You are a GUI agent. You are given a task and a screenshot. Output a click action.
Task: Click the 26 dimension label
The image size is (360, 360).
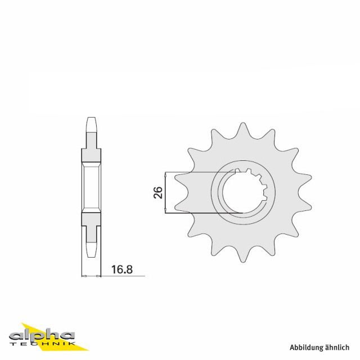pyautogui.click(x=158, y=193)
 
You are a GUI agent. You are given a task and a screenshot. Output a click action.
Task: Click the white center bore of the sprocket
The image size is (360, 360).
pyautogui.click(x=240, y=191)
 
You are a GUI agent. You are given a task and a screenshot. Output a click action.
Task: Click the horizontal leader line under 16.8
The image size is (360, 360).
pyautogui.click(x=121, y=276)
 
